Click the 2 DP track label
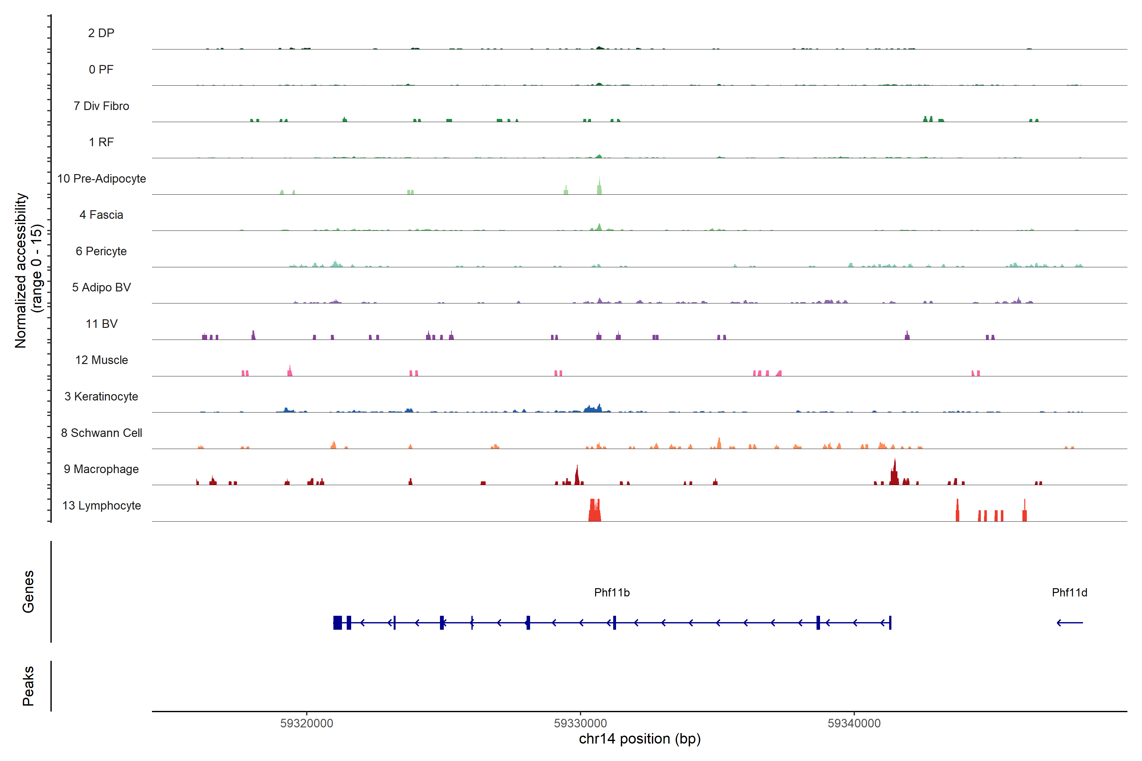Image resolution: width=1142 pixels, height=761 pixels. (101, 33)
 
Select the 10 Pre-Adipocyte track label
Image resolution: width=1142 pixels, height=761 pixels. (102, 179)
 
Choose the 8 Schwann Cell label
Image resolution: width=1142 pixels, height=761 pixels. (102, 433)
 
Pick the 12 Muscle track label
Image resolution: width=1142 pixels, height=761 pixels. (102, 360)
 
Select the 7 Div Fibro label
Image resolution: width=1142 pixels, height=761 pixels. (102, 106)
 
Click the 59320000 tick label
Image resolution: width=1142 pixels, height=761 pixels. (307, 723)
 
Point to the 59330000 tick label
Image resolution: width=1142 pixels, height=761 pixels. (580, 723)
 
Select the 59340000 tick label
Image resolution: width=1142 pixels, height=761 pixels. (854, 723)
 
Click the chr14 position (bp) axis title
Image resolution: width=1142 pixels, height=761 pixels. (640, 739)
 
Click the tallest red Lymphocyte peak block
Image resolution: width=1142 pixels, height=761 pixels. (595, 511)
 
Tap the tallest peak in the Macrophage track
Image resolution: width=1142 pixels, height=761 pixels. (894, 472)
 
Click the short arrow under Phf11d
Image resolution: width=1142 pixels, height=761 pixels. (1070, 623)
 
